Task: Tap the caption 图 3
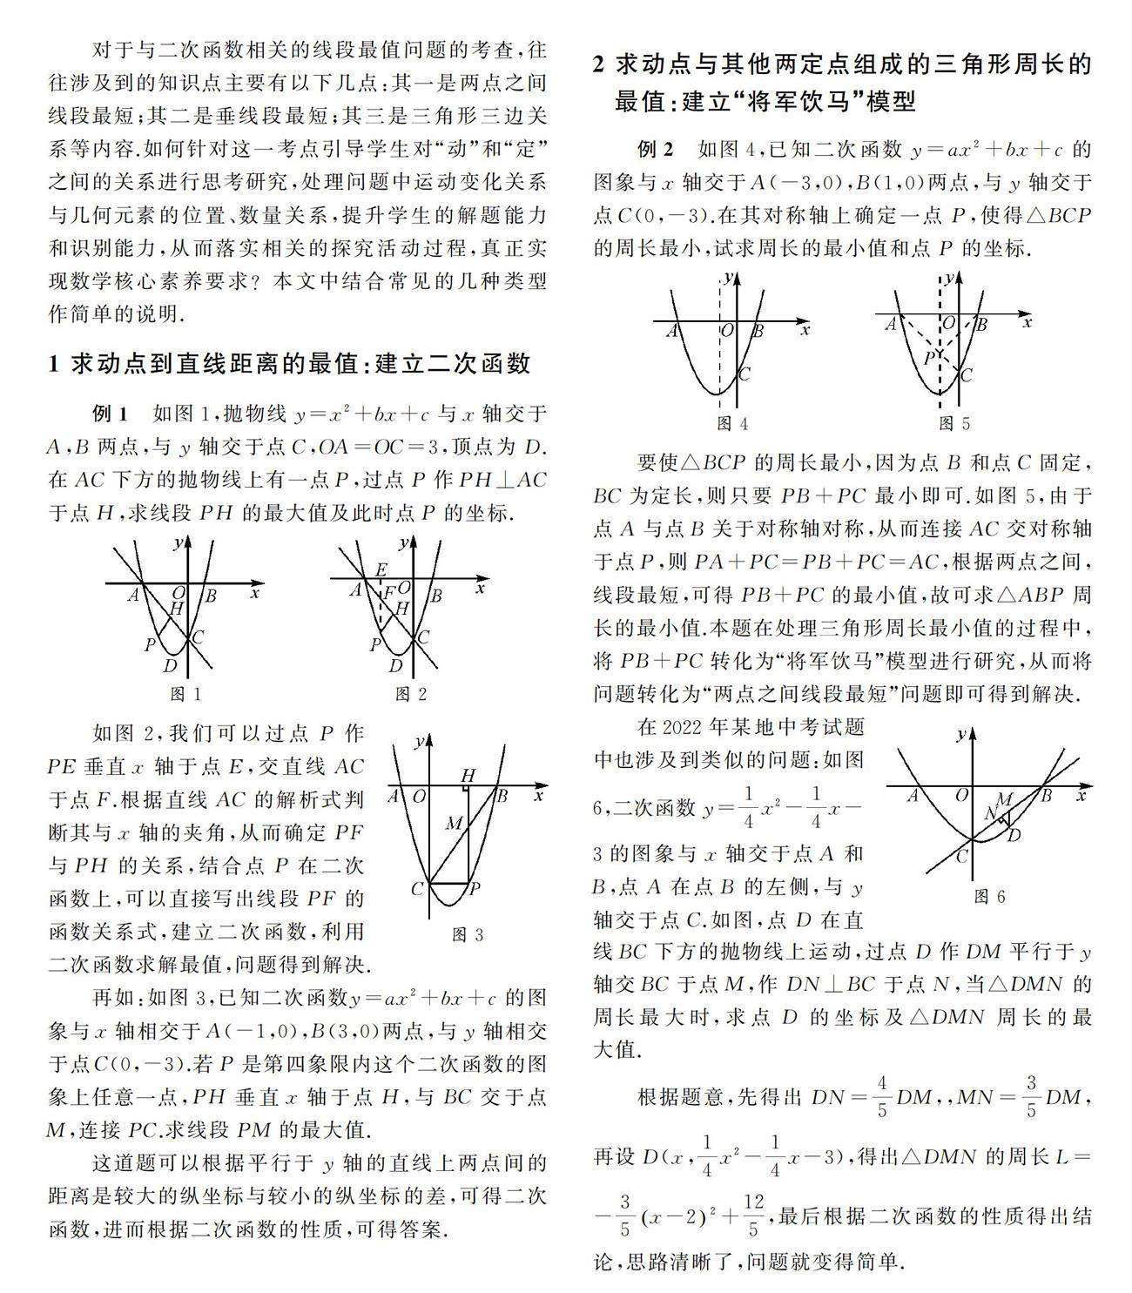coord(468,934)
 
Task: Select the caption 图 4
coord(731,423)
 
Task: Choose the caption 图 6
coord(989,896)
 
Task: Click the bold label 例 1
coord(111,412)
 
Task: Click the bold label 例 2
coord(655,150)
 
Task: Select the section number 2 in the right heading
coord(599,64)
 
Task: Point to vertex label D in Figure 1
coord(171,666)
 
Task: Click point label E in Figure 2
coord(381,570)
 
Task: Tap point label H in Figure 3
coord(468,775)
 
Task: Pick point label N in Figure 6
coord(990,813)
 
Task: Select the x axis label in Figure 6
coord(1081,795)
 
